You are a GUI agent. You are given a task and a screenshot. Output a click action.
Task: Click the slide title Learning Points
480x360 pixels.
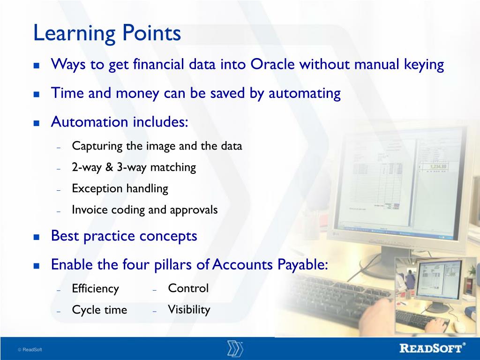(x=107, y=33)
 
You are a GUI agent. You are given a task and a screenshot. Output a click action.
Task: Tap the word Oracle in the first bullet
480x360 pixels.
(x=272, y=64)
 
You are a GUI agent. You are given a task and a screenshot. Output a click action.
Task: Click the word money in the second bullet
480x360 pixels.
(x=137, y=94)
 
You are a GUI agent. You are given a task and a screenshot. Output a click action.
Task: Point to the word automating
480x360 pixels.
(x=305, y=94)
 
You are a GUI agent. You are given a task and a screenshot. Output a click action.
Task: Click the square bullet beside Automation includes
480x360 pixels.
(x=37, y=123)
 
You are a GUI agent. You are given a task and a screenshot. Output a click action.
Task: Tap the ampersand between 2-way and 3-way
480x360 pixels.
(x=109, y=167)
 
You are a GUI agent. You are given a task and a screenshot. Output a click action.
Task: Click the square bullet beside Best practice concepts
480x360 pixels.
(x=37, y=237)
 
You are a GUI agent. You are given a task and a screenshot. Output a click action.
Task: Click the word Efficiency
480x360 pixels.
(x=96, y=289)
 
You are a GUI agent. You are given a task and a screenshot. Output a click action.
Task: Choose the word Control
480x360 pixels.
(x=188, y=288)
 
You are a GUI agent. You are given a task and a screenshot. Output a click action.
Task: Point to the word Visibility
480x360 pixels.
(x=189, y=310)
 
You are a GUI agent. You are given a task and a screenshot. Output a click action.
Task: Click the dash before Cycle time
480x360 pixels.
(x=59, y=312)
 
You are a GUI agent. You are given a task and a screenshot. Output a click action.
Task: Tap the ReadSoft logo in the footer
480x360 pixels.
(x=433, y=348)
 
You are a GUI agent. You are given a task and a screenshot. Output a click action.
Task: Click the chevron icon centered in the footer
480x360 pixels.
(x=235, y=348)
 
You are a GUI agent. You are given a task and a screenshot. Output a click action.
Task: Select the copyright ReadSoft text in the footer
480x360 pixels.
(x=30, y=350)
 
